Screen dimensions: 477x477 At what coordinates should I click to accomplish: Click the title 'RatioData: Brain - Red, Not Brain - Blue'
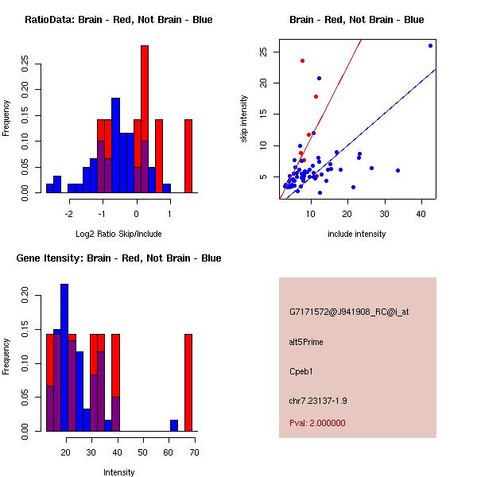tap(118, 20)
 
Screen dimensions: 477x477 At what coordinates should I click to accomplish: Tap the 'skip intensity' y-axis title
tap(245, 119)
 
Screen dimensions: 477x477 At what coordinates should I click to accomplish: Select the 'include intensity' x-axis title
tap(356, 234)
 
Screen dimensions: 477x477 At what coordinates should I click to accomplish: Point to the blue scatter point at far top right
tap(430, 45)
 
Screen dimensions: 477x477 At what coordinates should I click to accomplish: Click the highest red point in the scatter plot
tap(302, 60)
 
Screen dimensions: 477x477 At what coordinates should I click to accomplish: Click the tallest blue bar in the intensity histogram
tap(64, 358)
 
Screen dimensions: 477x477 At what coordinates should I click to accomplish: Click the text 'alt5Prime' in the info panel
tap(306, 342)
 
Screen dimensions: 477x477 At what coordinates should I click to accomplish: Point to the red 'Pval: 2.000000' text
tap(317, 423)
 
